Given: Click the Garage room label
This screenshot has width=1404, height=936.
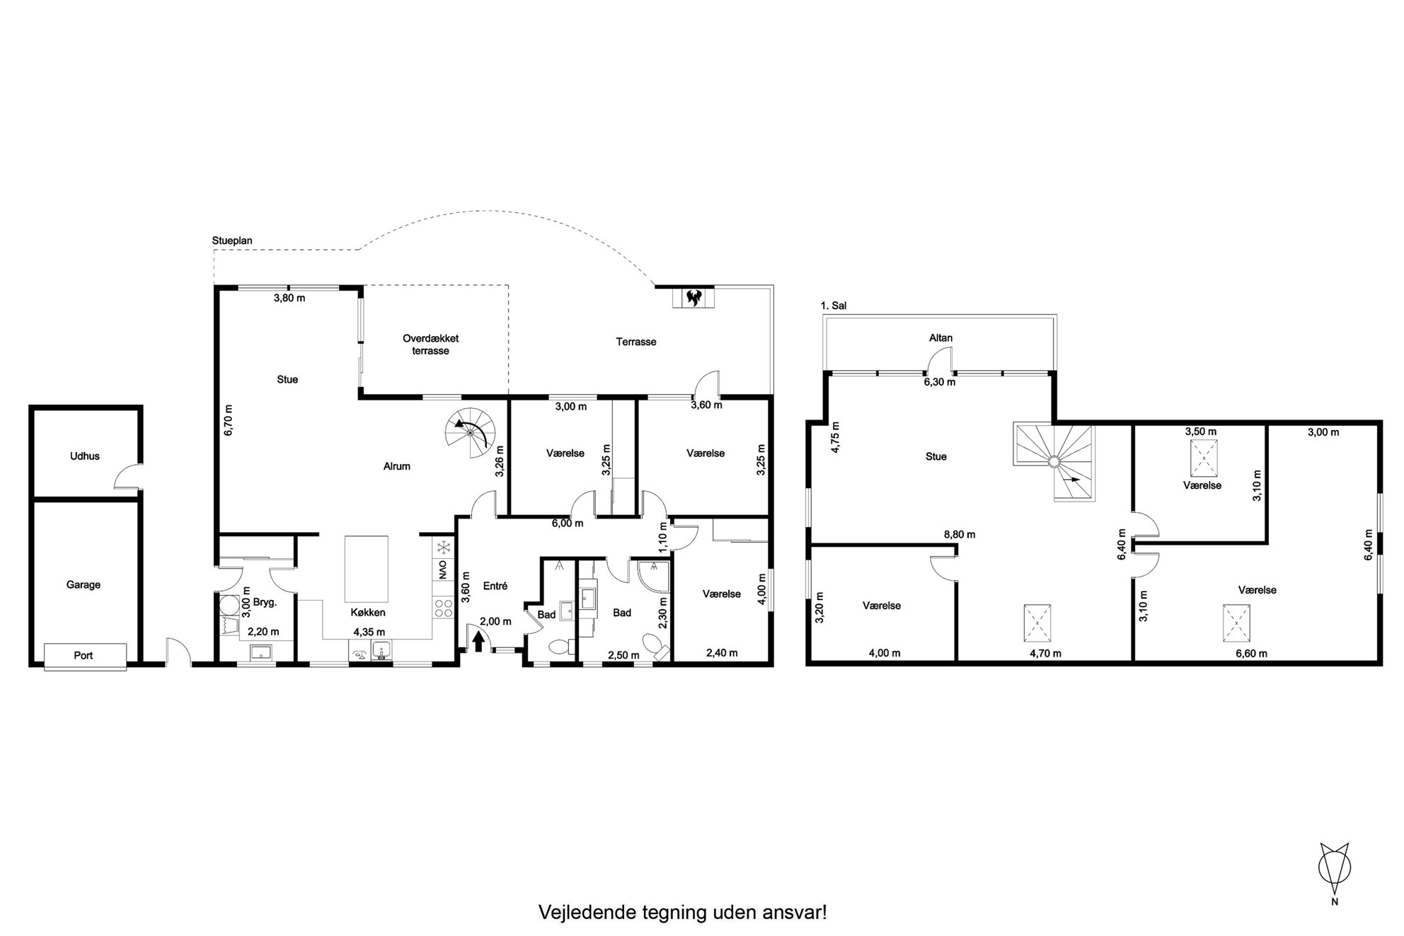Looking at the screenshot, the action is pos(84,584).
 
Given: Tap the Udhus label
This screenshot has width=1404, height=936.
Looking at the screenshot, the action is pos(85,456).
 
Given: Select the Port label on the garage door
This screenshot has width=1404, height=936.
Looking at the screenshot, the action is pos(84,655).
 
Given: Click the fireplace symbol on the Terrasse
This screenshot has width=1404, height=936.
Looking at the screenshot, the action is pos(694,297).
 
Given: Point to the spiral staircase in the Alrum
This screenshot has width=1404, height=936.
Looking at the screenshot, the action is pos(471,432).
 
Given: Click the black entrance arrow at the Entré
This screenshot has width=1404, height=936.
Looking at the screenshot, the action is pos(478,640).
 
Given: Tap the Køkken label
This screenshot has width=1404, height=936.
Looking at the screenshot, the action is pos(368,613).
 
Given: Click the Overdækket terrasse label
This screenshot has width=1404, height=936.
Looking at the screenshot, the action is pos(431,345).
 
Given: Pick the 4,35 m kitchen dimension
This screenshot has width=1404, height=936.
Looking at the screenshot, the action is pos(369,632).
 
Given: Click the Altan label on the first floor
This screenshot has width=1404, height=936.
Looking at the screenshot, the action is pos(941,338).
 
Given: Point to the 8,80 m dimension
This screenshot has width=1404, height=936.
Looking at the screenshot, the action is pos(960,535).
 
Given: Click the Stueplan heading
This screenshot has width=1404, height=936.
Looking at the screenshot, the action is pos(232,241).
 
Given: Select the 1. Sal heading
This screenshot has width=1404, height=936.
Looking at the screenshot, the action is pos(834,306).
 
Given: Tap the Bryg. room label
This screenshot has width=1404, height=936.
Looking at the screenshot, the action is pos(265,603).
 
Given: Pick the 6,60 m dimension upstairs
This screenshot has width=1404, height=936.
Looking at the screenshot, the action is pos(1251,654).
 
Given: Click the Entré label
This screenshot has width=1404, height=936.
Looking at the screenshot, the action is pos(495,586).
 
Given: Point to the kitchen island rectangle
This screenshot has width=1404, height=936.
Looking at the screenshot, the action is pos(367,568).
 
